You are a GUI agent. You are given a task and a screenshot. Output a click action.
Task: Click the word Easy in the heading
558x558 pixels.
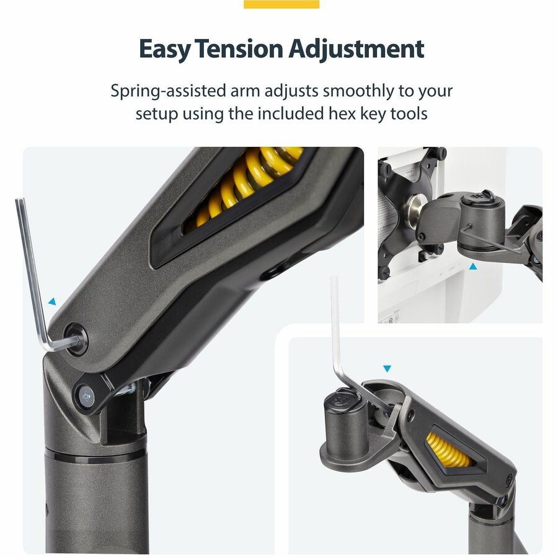[x=165, y=49]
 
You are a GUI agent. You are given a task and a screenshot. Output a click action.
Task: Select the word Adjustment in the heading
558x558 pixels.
[x=356, y=49]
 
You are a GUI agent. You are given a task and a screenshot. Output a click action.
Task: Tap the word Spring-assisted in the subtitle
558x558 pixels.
[x=168, y=92]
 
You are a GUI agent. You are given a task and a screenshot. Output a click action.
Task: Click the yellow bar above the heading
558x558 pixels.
[x=281, y=4]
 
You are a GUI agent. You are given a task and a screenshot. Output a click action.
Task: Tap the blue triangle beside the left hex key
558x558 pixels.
[x=52, y=302]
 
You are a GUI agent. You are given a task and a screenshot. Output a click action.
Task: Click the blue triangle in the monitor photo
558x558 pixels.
[x=472, y=266]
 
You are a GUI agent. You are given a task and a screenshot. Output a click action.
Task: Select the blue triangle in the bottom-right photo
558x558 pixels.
[x=387, y=369]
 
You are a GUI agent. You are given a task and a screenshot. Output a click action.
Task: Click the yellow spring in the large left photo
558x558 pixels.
[x=246, y=185]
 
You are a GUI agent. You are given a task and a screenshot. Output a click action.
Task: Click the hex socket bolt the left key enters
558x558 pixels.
[x=75, y=339]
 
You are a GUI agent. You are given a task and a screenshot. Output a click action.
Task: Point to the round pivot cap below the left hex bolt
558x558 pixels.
[x=86, y=395]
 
